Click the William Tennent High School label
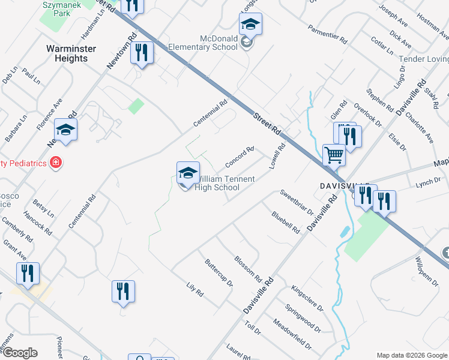[x=226, y=183]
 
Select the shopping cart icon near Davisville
[x=334, y=155]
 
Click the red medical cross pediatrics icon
[x=55, y=162]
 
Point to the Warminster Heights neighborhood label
[x=67, y=53]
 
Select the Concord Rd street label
[x=240, y=157]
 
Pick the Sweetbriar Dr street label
[x=297, y=202]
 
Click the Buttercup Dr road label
[x=218, y=272]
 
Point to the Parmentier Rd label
[x=327, y=34]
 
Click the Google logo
[x=19, y=353]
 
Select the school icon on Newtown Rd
[x=66, y=130]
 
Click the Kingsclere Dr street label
[x=307, y=298]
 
